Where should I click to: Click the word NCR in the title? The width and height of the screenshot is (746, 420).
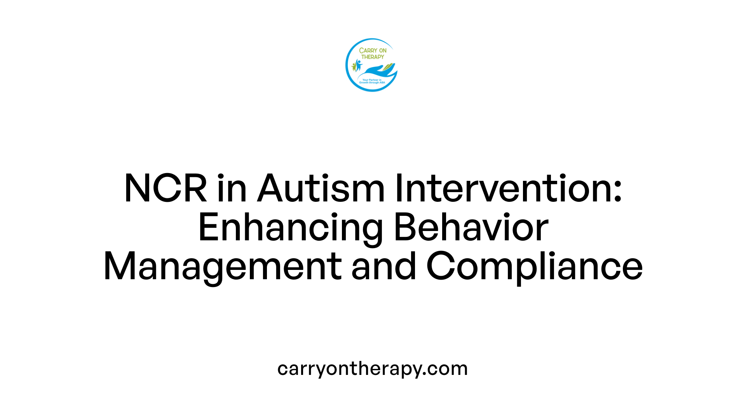click(x=166, y=189)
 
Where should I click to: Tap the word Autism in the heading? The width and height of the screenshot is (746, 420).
click(x=321, y=189)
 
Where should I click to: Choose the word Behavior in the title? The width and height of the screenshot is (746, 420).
click(x=471, y=227)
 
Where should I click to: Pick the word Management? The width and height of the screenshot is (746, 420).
click(x=222, y=267)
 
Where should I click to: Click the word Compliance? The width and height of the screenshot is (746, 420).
click(x=534, y=267)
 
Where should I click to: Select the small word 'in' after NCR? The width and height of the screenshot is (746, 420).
click(x=232, y=189)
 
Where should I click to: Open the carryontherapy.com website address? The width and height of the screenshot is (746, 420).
click(x=372, y=369)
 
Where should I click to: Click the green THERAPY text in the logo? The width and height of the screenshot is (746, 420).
click(x=373, y=57)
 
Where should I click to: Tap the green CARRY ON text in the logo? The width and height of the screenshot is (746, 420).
click(x=373, y=51)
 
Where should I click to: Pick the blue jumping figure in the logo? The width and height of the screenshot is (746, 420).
click(x=358, y=65)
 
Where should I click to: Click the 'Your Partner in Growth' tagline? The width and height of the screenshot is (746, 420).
click(x=372, y=81)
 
